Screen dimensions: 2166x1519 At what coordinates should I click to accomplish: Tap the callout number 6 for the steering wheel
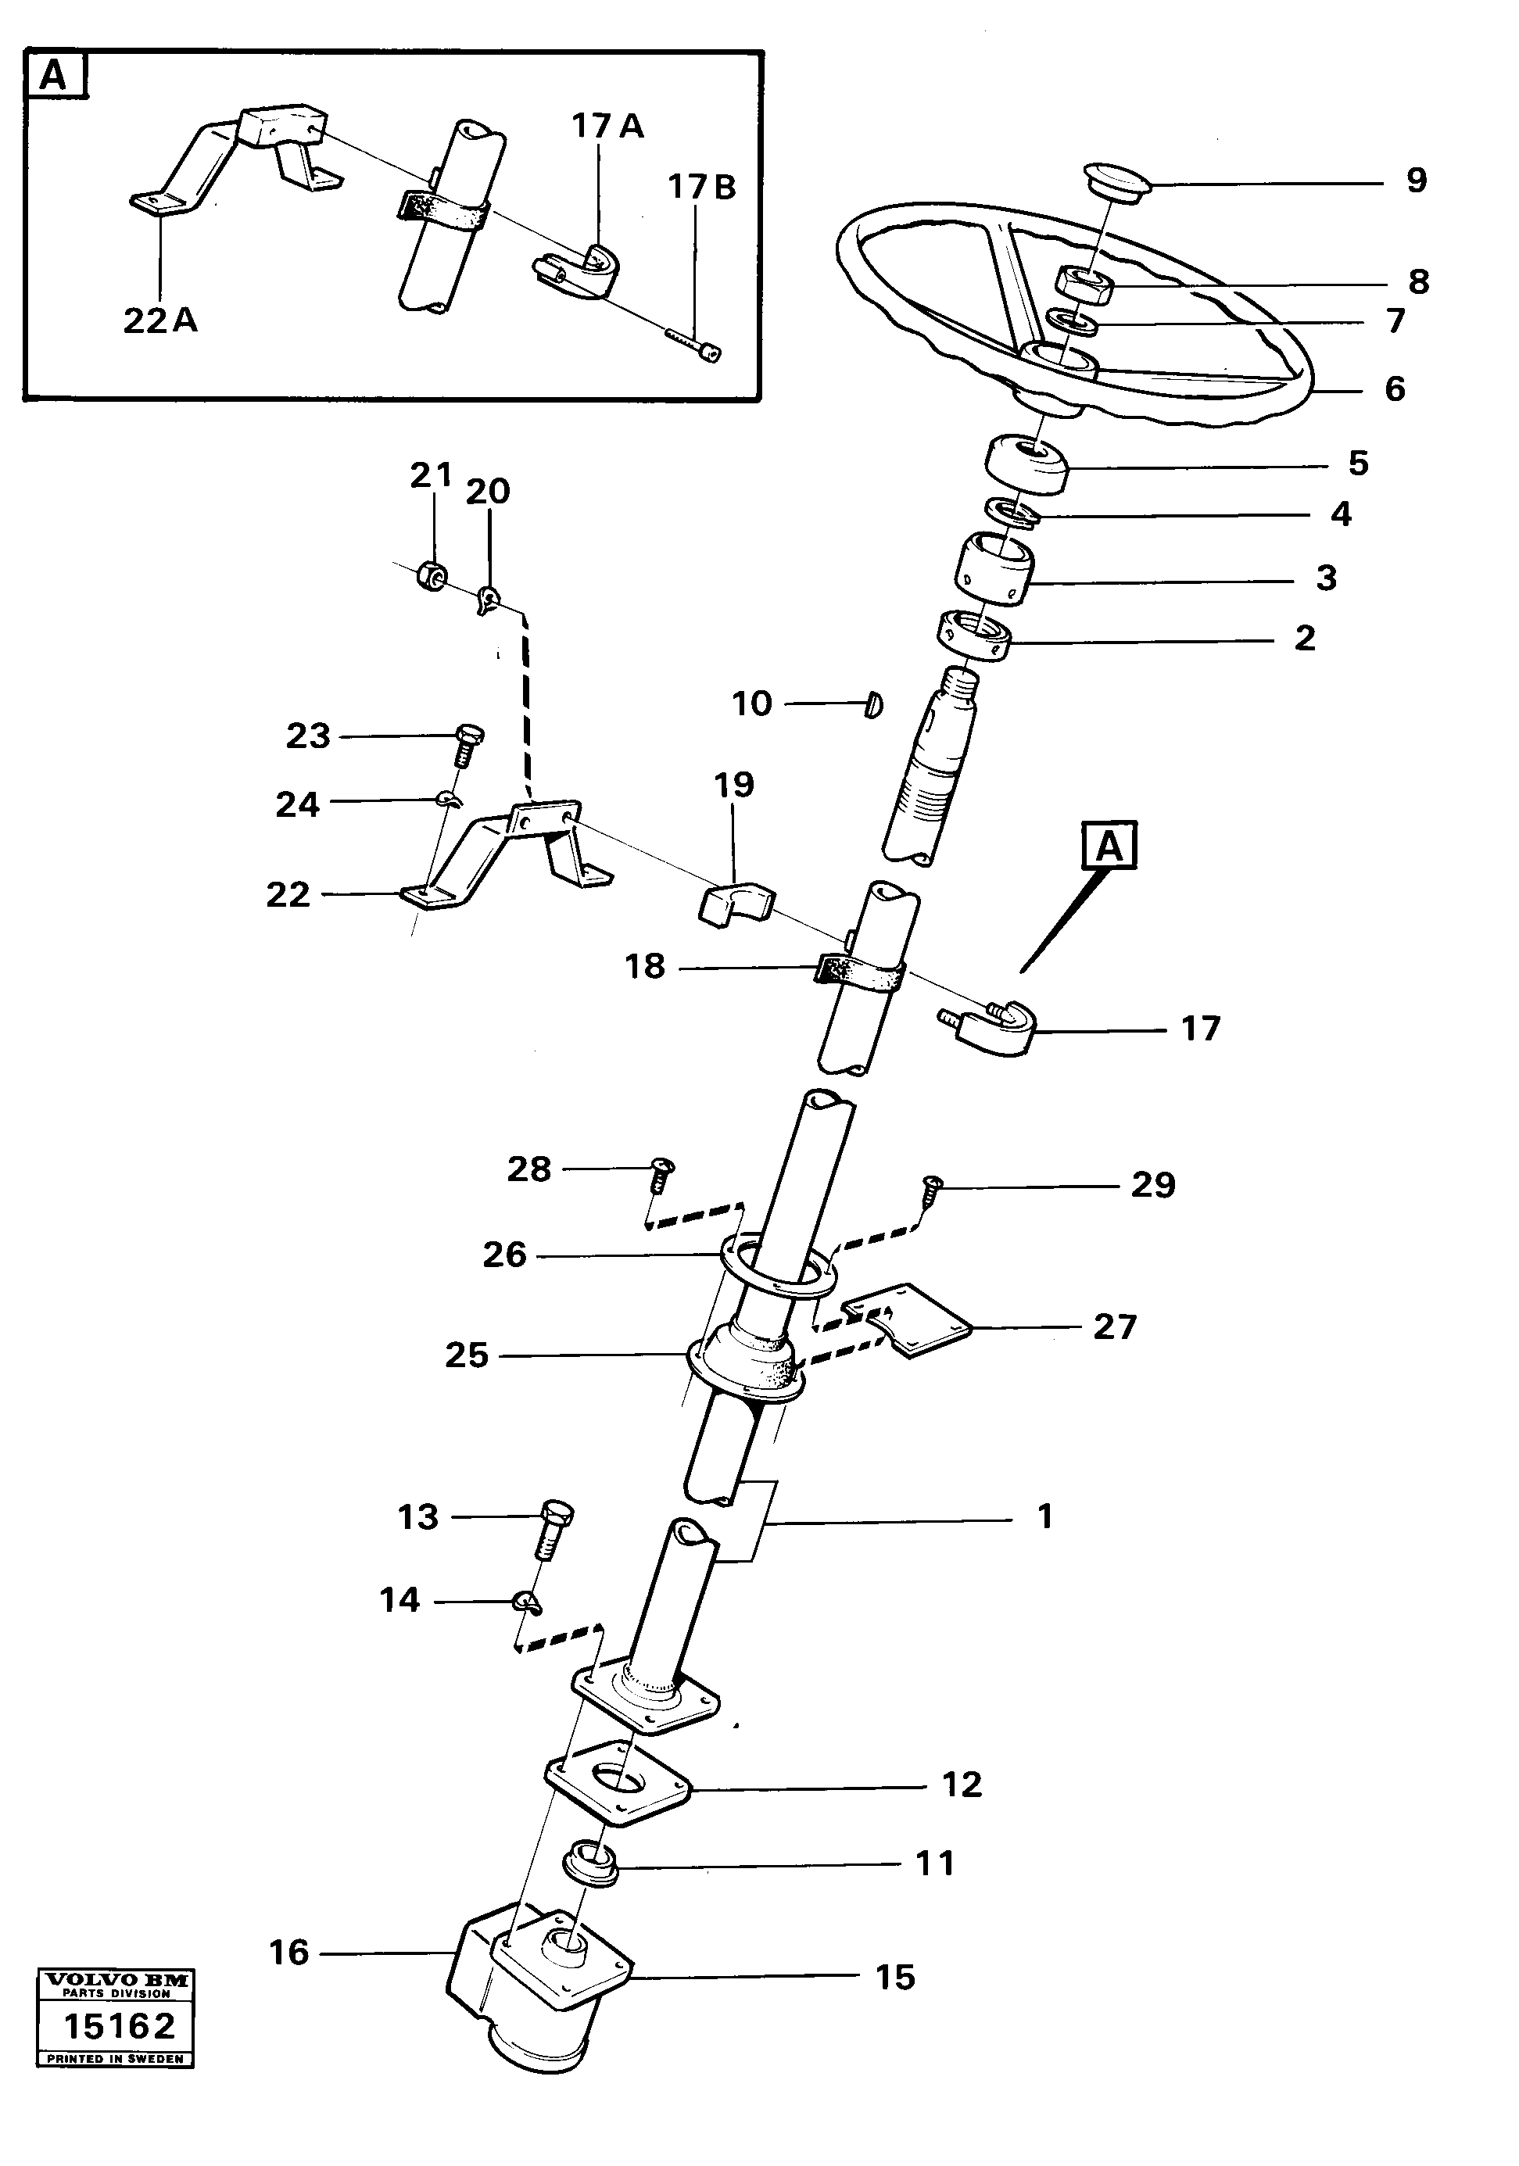[x=1395, y=388]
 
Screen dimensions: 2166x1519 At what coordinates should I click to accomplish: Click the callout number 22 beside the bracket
[x=288, y=894]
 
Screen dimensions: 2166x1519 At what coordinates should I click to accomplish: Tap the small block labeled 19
[x=736, y=904]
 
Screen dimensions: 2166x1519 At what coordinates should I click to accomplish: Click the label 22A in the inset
[x=160, y=322]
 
